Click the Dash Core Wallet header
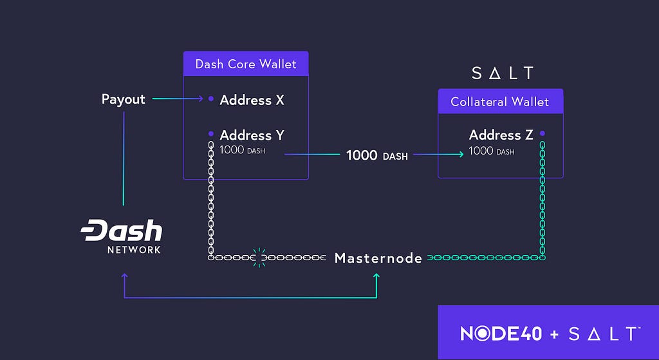(246, 64)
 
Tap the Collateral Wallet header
(500, 101)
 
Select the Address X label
(252, 100)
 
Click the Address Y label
(252, 135)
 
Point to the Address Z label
(501, 135)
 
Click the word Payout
(123, 99)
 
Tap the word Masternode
(378, 258)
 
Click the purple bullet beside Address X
(211, 99)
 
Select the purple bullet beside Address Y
(211, 134)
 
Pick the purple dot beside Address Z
(542, 133)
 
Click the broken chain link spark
(259, 258)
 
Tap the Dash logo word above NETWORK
(122, 230)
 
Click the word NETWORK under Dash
(134, 250)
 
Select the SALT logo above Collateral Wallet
(503, 73)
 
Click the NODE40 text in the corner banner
(501, 334)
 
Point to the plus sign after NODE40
(555, 334)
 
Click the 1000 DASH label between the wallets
(377, 155)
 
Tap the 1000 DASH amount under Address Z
(491, 151)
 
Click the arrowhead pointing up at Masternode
(376, 276)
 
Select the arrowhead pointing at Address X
(201, 99)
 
